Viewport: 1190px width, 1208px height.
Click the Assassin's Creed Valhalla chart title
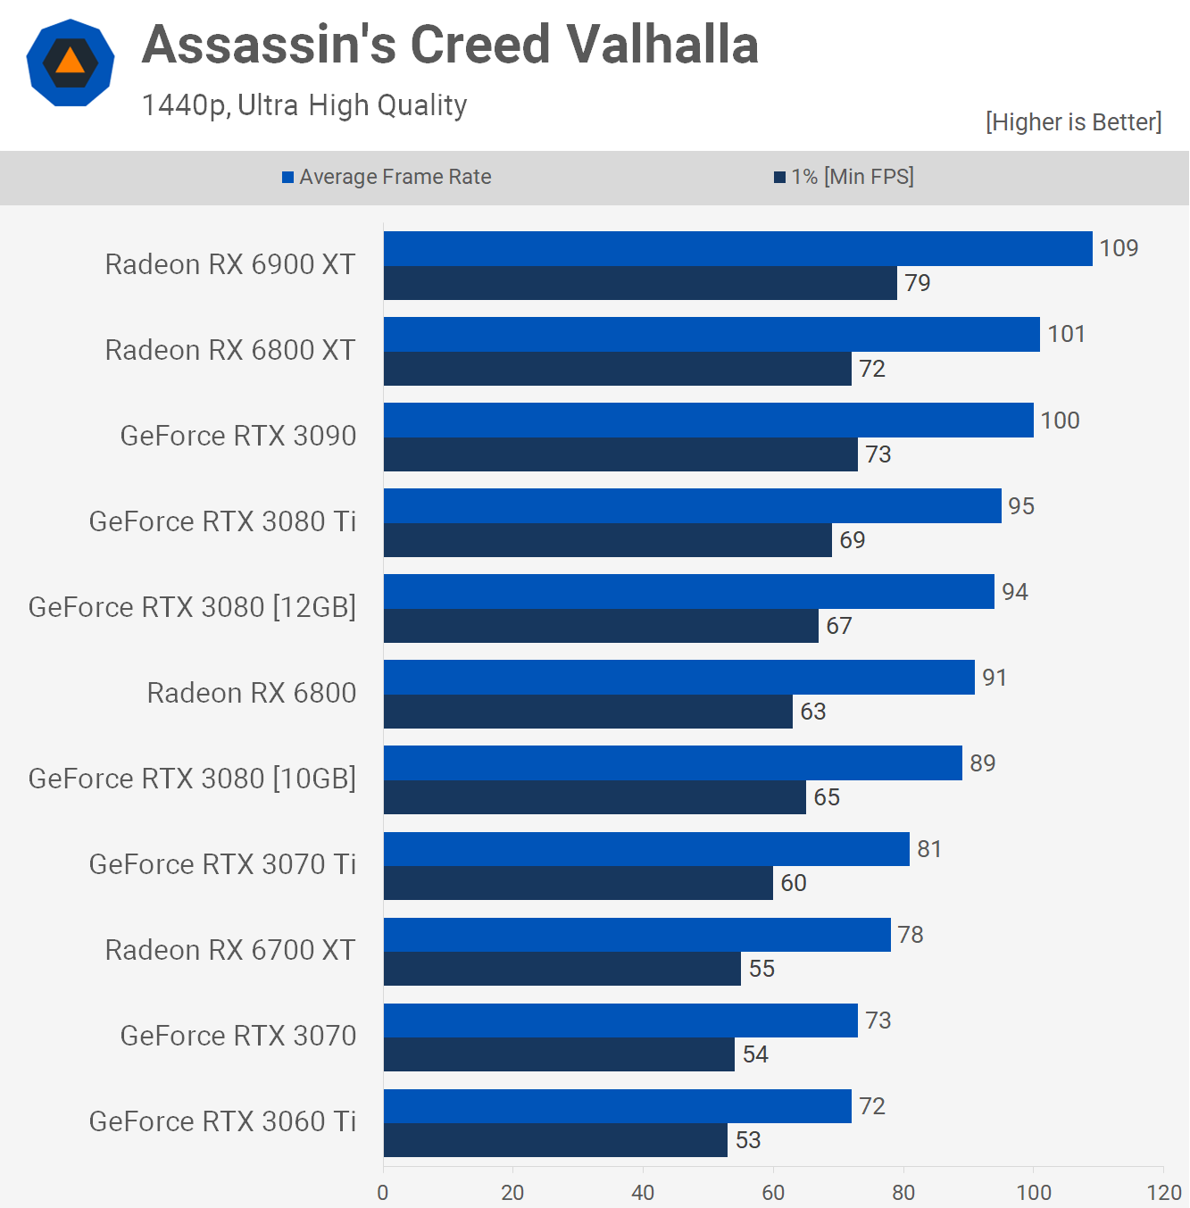pyautogui.click(x=450, y=45)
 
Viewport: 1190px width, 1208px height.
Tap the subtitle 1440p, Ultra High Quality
pyautogui.click(x=304, y=105)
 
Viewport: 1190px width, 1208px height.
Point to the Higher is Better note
pyautogui.click(x=1073, y=122)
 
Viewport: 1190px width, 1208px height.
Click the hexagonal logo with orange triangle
pyautogui.click(x=71, y=62)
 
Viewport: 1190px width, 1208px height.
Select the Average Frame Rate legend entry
pyautogui.click(x=387, y=177)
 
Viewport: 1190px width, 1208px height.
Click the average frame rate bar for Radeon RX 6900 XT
pyautogui.click(x=737, y=249)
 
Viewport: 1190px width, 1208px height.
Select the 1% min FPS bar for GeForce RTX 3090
pyautogui.click(x=620, y=454)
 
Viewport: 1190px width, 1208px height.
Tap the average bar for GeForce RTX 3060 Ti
pyautogui.click(x=617, y=1106)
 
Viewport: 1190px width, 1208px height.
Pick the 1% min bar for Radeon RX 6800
pyautogui.click(x=587, y=712)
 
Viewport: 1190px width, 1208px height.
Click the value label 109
pyautogui.click(x=1119, y=248)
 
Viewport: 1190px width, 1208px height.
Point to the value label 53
pyautogui.click(x=748, y=1140)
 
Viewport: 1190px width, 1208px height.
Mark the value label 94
pyautogui.click(x=1014, y=592)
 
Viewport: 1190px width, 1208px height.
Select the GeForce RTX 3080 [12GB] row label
pyautogui.click(x=192, y=607)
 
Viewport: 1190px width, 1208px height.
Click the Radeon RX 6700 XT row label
pyautogui.click(x=230, y=950)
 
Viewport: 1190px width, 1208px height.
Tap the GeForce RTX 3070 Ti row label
pyautogui.click(x=222, y=864)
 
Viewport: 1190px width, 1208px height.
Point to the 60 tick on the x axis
pyautogui.click(x=773, y=1192)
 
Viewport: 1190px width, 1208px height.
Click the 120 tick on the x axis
pyautogui.click(x=1163, y=1192)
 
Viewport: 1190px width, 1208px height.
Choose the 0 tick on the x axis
pyautogui.click(x=383, y=1192)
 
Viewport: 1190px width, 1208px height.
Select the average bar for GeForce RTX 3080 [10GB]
pyautogui.click(x=672, y=763)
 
